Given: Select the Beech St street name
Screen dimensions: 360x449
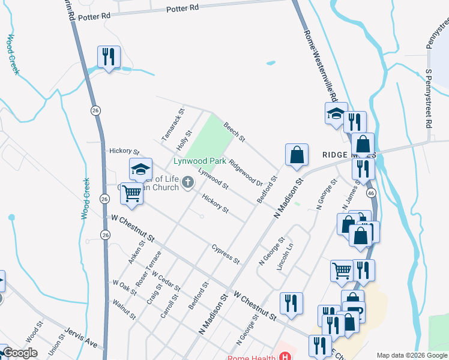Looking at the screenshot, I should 234,132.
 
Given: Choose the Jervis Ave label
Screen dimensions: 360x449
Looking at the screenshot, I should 81,340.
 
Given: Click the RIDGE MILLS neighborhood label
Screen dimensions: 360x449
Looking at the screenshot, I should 345,155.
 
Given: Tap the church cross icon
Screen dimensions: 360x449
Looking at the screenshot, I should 188,182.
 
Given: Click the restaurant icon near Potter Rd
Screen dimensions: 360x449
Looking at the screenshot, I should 109,58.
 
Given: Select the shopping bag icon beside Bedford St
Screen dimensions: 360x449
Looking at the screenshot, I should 297,155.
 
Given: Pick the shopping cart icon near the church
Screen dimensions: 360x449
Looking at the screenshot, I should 131,193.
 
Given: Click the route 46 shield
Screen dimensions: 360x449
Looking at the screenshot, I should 371,193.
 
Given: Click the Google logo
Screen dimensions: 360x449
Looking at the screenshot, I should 20,353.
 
